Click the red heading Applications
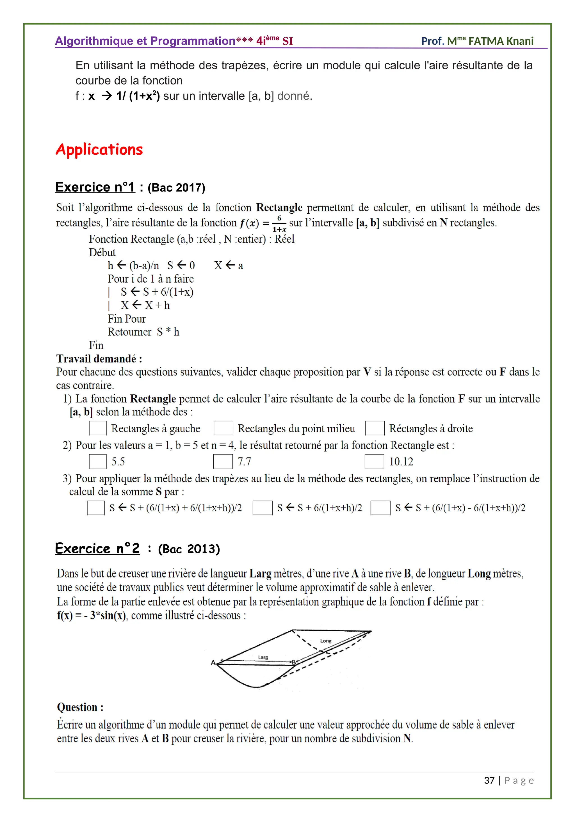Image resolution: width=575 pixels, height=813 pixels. (x=99, y=150)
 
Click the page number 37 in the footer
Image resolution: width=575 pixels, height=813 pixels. (x=489, y=780)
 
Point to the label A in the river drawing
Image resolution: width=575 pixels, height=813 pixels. (x=213, y=662)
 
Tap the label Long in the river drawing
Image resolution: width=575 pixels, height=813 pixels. (x=325, y=641)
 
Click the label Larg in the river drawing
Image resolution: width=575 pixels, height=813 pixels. (x=263, y=657)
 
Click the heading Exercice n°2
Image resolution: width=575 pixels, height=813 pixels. (x=97, y=549)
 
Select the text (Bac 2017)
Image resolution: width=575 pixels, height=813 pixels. (x=176, y=188)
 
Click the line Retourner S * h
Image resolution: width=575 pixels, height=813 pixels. (x=143, y=332)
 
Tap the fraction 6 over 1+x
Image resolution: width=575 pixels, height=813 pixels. (x=279, y=223)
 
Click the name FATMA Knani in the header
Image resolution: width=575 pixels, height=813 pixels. (x=501, y=41)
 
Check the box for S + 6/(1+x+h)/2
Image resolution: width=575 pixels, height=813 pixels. (x=262, y=508)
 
